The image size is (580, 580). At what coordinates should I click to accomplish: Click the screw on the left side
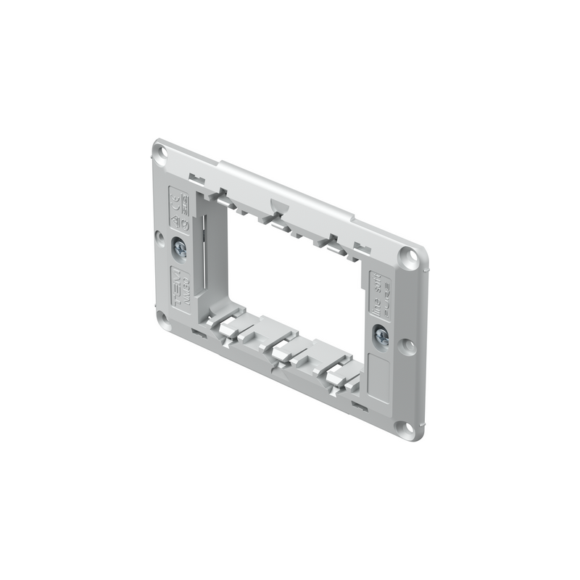180,250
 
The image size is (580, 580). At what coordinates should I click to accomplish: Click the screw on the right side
381,336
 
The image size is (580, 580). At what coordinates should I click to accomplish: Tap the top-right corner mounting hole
411,256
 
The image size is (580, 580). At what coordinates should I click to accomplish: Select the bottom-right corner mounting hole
407,428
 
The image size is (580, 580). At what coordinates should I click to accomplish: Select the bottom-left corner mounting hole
162,319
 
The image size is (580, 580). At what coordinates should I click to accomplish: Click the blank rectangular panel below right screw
378,373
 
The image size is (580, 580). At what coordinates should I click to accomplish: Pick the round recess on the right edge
408,345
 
